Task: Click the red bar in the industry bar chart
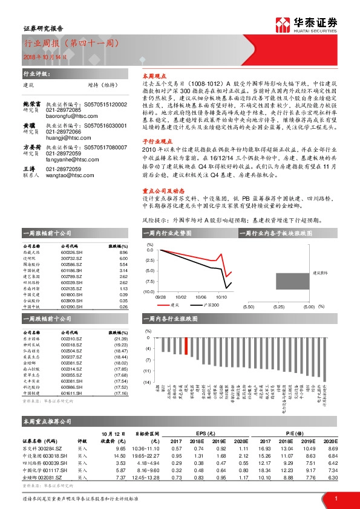(186, 346)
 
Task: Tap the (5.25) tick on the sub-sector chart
(279, 306)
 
